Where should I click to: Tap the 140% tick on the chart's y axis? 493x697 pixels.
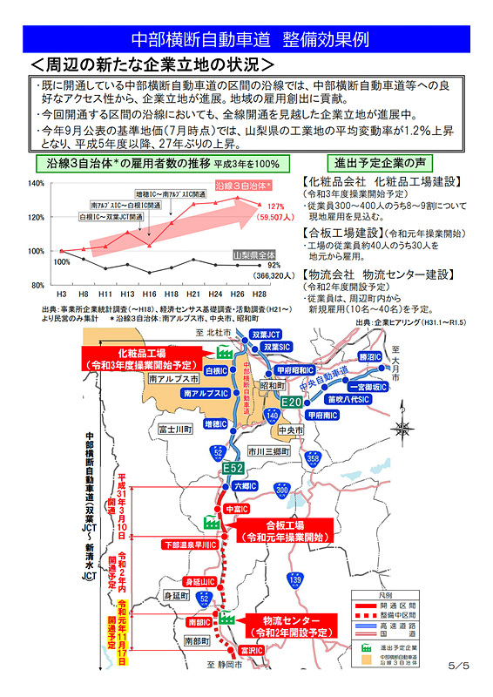[x=36, y=184]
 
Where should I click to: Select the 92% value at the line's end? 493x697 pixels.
[x=274, y=265]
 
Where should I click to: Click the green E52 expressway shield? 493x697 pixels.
[x=233, y=469]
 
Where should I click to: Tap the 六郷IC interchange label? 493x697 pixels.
[x=241, y=486]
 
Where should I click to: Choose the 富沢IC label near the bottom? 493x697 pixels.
[x=251, y=650]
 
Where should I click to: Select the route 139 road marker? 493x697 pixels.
[x=297, y=579]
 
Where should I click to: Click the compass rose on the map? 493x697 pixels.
[x=404, y=428]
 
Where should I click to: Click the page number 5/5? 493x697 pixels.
[x=458, y=666]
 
